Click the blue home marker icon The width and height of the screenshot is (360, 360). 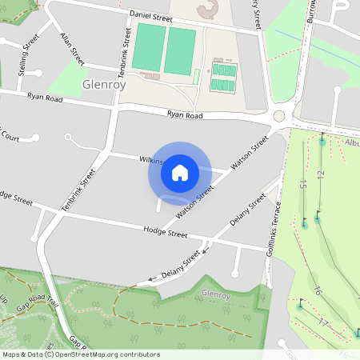180,172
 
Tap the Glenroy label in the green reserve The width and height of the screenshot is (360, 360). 216,295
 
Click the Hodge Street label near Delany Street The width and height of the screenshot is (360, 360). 165,234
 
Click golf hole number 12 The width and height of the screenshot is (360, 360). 320,174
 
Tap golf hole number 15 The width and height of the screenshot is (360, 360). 303,185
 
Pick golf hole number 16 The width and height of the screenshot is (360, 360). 318,291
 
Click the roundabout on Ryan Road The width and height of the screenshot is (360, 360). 278,116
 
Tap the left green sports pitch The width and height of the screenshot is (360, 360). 149,47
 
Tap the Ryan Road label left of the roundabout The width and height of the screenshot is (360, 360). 186,114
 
